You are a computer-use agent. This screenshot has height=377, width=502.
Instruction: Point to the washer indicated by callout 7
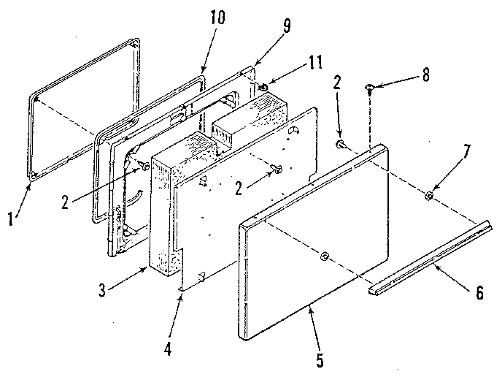point(429,197)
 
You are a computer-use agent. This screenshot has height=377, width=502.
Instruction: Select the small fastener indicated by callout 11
point(264,88)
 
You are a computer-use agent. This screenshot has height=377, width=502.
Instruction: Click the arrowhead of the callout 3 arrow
point(150,267)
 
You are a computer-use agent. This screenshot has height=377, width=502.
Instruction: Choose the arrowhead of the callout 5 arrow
point(309,302)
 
